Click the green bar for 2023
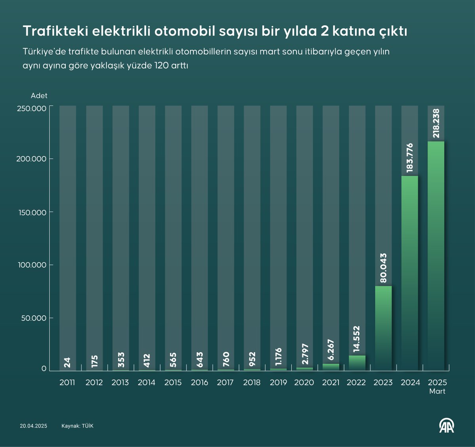[x=383, y=328]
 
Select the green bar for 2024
[x=410, y=273]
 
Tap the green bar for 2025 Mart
[x=436, y=256]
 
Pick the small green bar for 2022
[x=357, y=363]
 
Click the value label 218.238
[x=436, y=123]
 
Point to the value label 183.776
[x=410, y=158]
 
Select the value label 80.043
[x=383, y=268]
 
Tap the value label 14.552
[x=357, y=339]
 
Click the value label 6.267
[x=331, y=350]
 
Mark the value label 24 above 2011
[x=68, y=362]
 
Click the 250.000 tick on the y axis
[x=32, y=108]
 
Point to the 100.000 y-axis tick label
[x=32, y=265]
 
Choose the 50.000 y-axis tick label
[x=34, y=318]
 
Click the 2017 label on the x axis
[x=225, y=382]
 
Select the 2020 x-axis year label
[x=304, y=382]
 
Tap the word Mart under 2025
[x=437, y=392]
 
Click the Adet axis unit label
[x=39, y=96]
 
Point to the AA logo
[x=447, y=426]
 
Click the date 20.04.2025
[x=34, y=426]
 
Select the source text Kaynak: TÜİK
[x=77, y=426]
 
